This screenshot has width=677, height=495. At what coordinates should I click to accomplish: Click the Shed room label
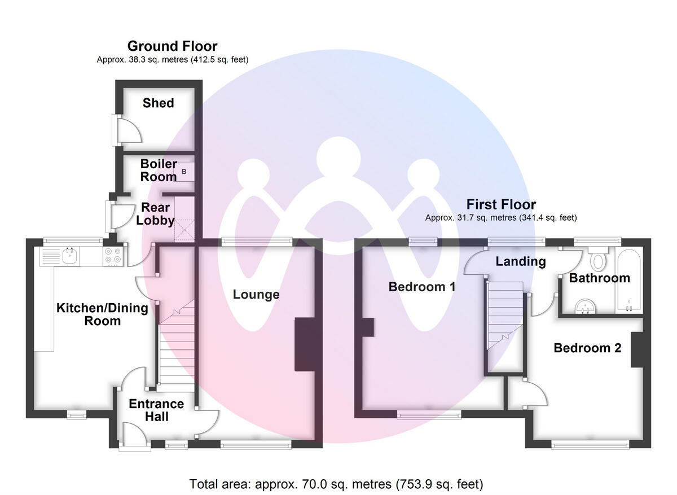pyautogui.click(x=158, y=103)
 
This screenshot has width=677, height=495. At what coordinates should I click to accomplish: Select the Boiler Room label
pyautogui.click(x=159, y=170)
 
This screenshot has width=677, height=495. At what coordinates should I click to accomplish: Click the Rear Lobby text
pyautogui.click(x=155, y=214)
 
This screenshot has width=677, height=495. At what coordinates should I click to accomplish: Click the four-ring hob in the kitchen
pyautogui.click(x=113, y=257)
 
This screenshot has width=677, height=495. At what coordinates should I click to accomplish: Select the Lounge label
pyautogui.click(x=256, y=295)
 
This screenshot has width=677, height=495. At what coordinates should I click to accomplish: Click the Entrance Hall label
pyautogui.click(x=156, y=410)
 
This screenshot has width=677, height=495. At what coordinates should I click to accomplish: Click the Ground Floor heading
pyautogui.click(x=172, y=46)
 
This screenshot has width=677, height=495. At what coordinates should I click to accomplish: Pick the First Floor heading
pyautogui.click(x=501, y=204)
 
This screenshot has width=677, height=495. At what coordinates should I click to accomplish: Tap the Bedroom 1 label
pyautogui.click(x=422, y=287)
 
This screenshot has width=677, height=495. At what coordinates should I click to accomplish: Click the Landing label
pyautogui.click(x=521, y=261)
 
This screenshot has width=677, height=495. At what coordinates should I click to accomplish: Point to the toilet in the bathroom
pyautogui.click(x=596, y=260)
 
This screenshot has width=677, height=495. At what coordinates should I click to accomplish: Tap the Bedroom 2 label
pyautogui.click(x=587, y=348)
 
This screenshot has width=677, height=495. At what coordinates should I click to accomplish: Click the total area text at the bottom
pyautogui.click(x=336, y=484)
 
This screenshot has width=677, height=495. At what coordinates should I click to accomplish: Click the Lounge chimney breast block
pyautogui.click(x=305, y=344)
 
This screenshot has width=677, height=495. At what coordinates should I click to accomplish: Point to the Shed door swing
pyautogui.click(x=129, y=129)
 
